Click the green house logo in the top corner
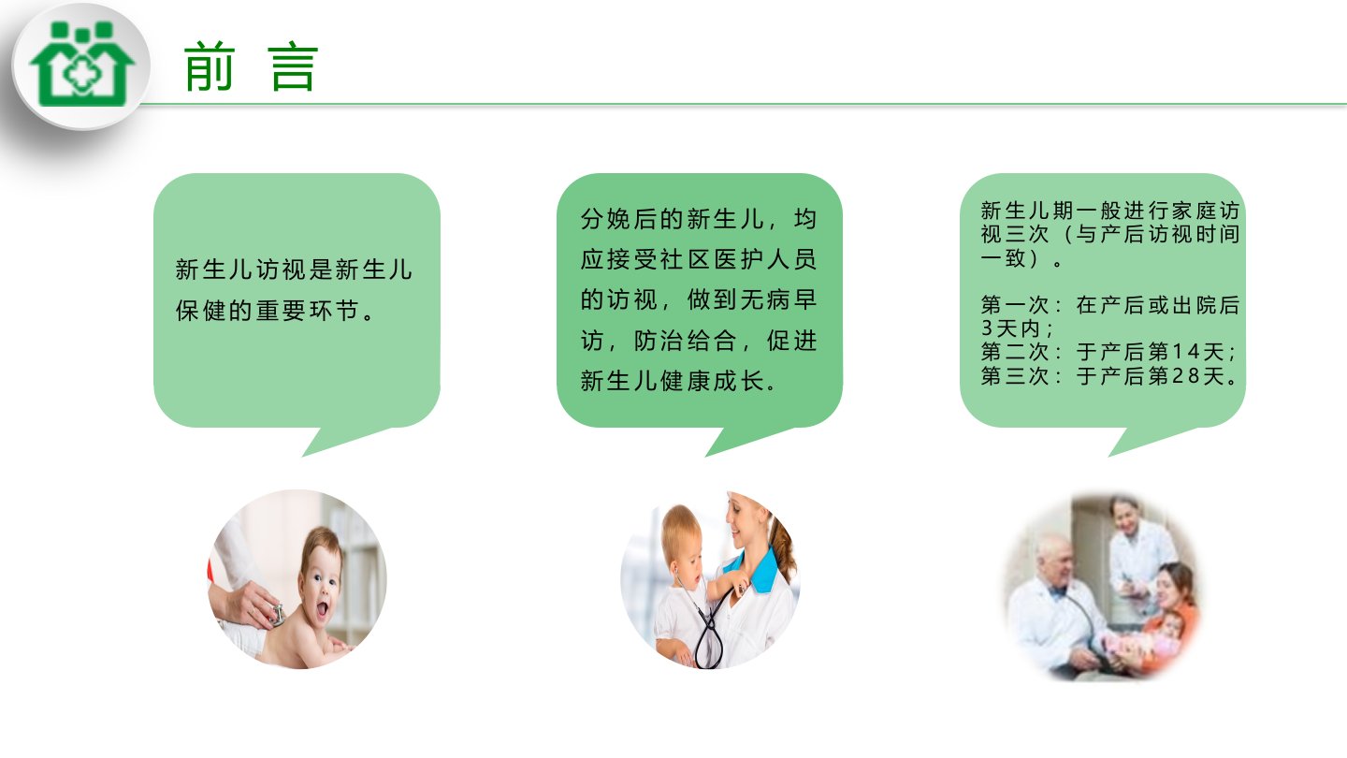(x=81, y=65)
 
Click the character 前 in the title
(x=210, y=66)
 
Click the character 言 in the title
(x=293, y=66)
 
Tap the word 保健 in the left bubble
(x=201, y=311)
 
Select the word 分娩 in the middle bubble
(x=606, y=218)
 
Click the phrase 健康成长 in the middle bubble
(x=712, y=380)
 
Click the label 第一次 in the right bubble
(x=1015, y=305)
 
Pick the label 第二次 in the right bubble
(x=1015, y=351)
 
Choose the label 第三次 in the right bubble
(x=1015, y=375)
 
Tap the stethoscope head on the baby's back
(x=278, y=615)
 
